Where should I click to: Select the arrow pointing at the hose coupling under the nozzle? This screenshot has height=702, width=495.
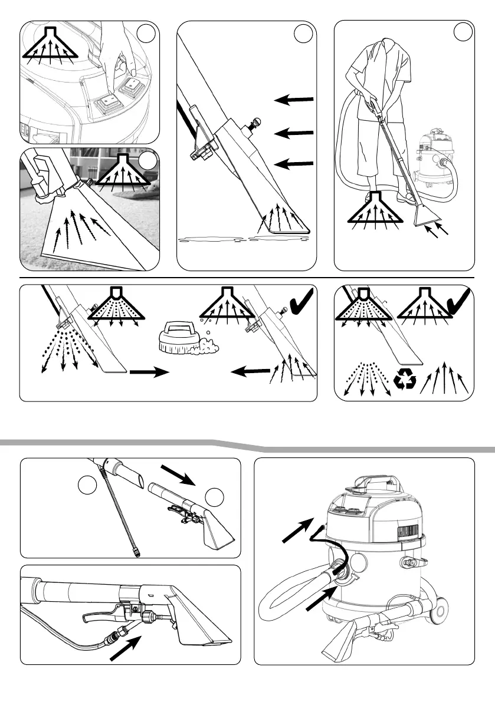coord(126,644)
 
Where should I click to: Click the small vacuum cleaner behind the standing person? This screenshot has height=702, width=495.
coord(435,160)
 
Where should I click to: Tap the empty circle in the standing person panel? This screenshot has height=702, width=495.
coord(463,32)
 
